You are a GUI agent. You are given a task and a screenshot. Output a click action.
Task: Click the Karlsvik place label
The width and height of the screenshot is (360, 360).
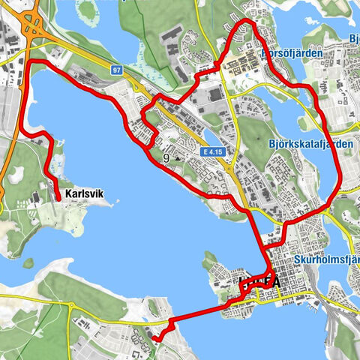83,194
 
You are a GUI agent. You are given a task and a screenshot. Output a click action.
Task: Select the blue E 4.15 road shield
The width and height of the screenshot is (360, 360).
212,151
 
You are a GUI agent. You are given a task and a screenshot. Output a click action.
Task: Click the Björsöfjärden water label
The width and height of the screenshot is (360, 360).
292,54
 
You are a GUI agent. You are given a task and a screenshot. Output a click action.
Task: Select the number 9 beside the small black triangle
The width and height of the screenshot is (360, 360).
166,158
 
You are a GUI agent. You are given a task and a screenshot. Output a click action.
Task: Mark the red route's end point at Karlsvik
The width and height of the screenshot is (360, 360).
58,197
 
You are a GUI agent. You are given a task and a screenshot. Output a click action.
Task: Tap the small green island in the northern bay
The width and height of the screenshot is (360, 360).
88,10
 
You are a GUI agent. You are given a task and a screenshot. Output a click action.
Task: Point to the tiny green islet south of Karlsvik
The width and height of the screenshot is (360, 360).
28,263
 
